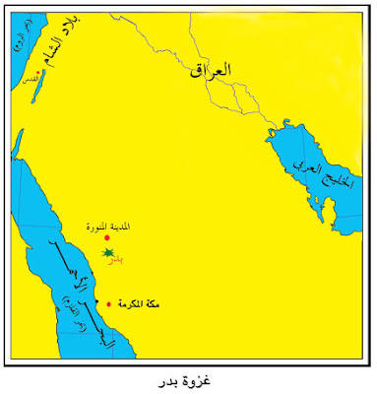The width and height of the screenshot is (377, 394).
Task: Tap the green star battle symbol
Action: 108,254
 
